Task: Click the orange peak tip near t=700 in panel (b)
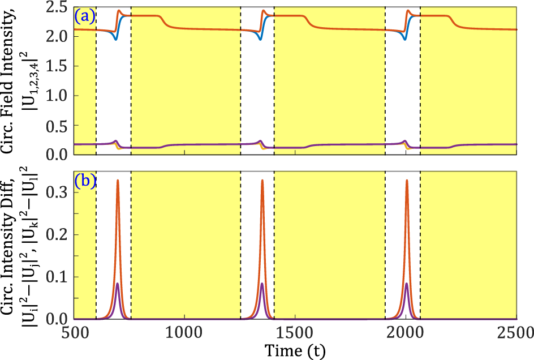(118, 181)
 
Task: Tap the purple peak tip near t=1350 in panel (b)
(262, 284)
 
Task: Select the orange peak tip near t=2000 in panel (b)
(407, 181)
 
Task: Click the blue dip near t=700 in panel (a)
(115, 39)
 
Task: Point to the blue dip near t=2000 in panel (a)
(404, 39)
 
